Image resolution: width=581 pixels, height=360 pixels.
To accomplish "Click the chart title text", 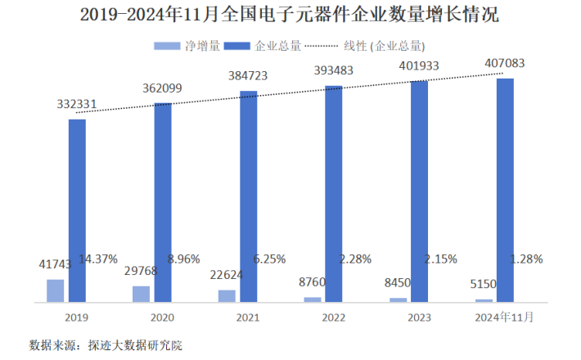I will click(x=290, y=16).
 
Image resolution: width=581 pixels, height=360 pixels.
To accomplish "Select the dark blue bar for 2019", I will click(x=77, y=210).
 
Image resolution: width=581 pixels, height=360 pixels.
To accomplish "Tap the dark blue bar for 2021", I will click(x=249, y=196).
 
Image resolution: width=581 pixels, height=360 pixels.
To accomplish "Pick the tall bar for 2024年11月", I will click(x=506, y=190).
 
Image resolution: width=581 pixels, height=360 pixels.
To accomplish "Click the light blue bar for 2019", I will click(x=55, y=290).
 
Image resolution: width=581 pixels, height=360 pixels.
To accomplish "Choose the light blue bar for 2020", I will click(x=141, y=294).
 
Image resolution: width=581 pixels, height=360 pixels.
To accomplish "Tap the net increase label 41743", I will click(x=56, y=265).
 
